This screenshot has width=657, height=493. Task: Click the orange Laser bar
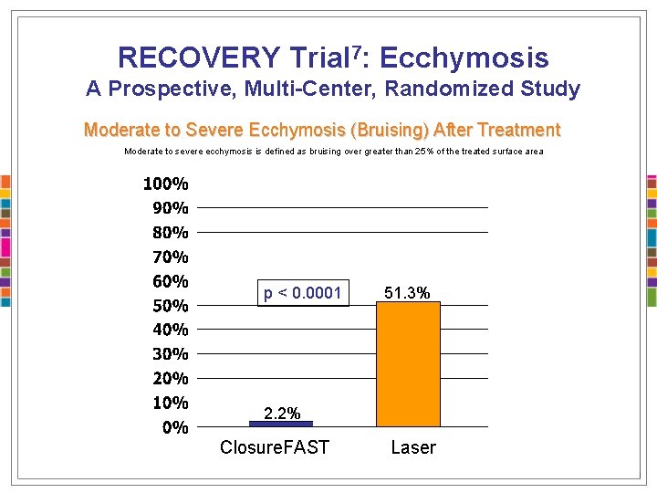[x=408, y=363]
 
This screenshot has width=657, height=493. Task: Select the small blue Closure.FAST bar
[x=281, y=424]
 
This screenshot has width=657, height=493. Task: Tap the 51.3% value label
[x=407, y=293]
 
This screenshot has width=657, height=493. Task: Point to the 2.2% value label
[x=282, y=414]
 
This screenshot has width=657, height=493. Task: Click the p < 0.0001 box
[x=303, y=293]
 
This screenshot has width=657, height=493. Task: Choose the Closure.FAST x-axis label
[x=275, y=447]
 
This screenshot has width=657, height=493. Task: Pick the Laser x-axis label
[x=413, y=447]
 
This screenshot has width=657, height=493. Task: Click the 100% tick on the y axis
[x=166, y=184]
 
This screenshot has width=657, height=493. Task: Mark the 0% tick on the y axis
[x=175, y=427]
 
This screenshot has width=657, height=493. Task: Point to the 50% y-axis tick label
[x=171, y=305]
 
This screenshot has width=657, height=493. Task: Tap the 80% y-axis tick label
[x=171, y=232]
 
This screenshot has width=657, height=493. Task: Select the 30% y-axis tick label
[x=171, y=354]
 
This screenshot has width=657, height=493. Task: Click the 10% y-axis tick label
[x=171, y=403]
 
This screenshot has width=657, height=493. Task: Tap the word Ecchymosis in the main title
[x=464, y=58]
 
